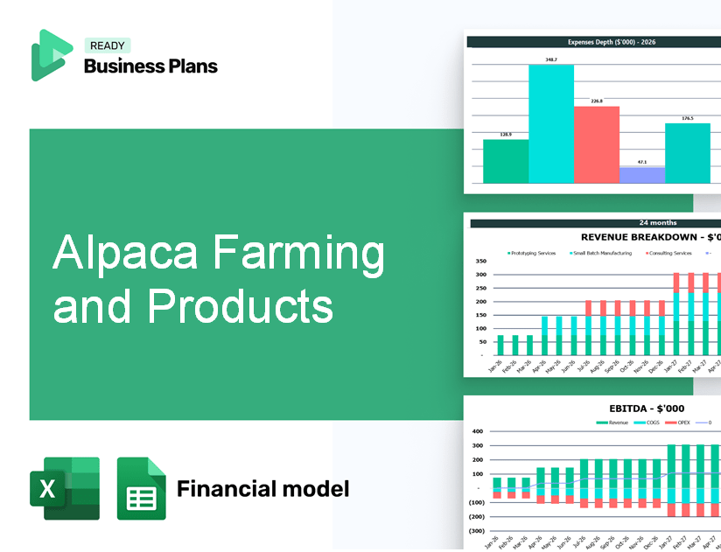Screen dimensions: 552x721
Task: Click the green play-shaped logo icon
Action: tap(51, 56)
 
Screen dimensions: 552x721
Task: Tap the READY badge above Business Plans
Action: tap(108, 45)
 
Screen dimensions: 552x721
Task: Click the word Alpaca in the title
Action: tap(122, 254)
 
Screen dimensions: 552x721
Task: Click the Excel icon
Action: tap(65, 488)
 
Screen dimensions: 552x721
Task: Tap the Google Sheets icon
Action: tap(141, 488)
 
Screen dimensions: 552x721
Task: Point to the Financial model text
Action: tap(262, 488)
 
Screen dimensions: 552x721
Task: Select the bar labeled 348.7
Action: tap(551, 123)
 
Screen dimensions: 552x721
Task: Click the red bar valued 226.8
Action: tap(597, 144)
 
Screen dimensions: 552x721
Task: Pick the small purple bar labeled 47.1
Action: tap(641, 175)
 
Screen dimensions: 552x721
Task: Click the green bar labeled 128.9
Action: tap(506, 161)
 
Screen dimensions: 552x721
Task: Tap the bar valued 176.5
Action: tap(688, 153)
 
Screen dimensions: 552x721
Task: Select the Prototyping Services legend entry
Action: tap(533, 253)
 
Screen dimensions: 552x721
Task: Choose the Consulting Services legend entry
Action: tap(669, 253)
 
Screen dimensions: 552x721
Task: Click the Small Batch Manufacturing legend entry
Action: tap(603, 253)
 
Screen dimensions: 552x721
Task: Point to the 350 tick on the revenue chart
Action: tap(480, 261)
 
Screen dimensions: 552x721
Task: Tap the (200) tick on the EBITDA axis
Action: tap(477, 516)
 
